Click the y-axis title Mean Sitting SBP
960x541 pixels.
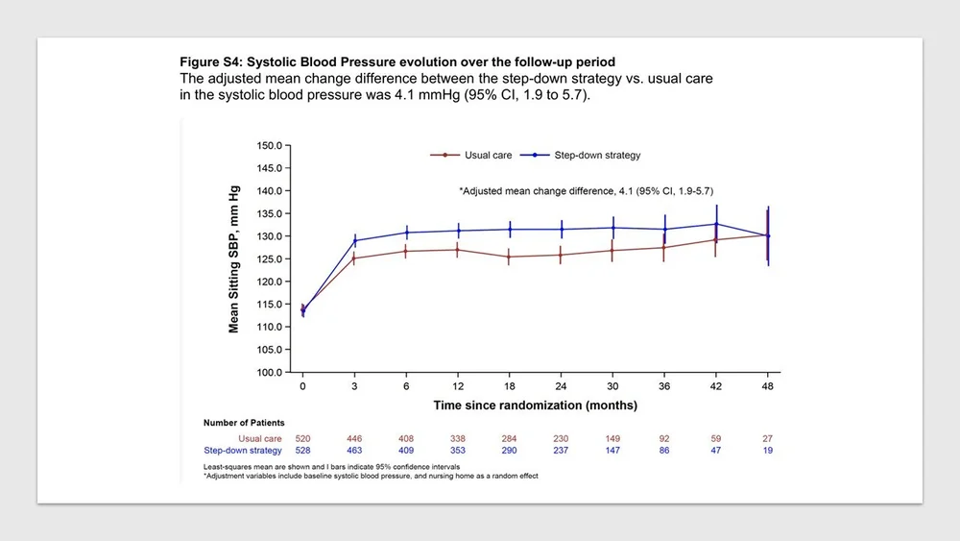coord(233,259)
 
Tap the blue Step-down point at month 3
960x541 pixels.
coord(354,241)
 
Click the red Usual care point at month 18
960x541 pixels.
coord(510,257)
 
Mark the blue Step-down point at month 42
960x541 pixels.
coord(716,224)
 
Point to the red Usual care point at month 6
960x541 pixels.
coord(406,252)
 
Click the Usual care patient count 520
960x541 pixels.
coord(302,438)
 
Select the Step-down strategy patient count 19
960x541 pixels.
coord(768,450)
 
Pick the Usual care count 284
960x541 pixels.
coord(510,438)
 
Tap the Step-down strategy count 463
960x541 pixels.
coord(354,450)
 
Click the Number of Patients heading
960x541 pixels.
coord(244,422)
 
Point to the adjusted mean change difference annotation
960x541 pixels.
coord(586,191)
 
